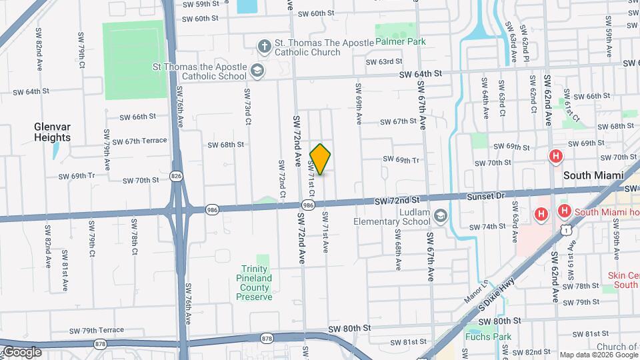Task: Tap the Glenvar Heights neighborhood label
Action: click(x=53, y=132)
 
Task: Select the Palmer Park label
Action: click(x=400, y=41)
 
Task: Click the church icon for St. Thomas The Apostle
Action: click(x=265, y=45)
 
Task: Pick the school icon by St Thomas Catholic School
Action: click(x=257, y=70)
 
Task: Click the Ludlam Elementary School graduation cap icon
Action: click(x=440, y=215)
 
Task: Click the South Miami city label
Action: click(x=593, y=175)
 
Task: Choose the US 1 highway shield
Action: click(x=565, y=230)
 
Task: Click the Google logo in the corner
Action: click(x=22, y=351)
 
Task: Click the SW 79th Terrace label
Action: click(x=96, y=330)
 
